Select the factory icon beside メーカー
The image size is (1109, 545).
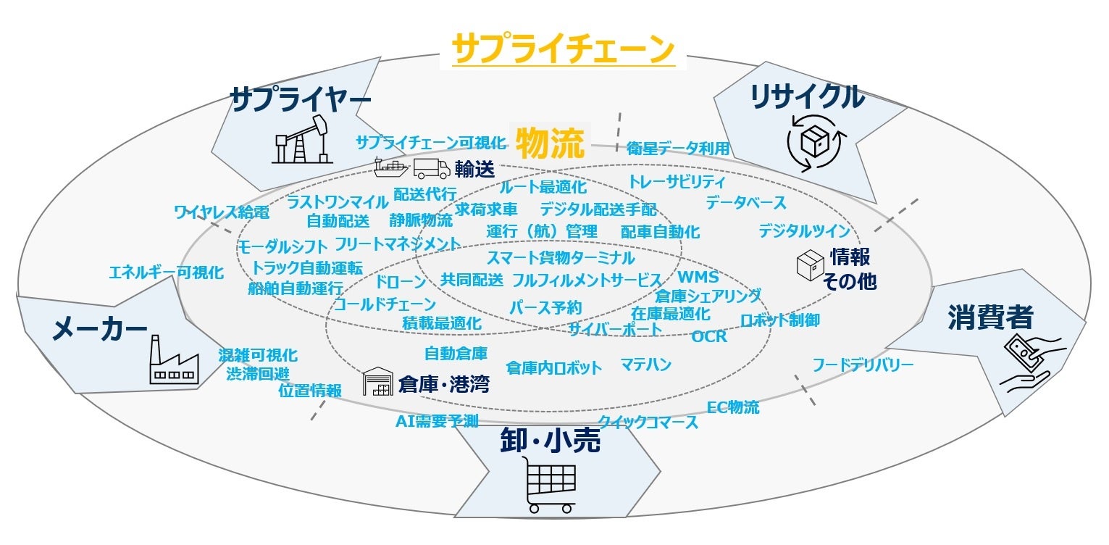pyautogui.click(x=172, y=360)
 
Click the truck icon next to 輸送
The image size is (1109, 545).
pyautogui.click(x=432, y=169)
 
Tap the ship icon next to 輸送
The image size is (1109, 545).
pyautogui.click(x=392, y=168)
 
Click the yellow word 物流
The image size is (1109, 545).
pyautogui.click(x=549, y=143)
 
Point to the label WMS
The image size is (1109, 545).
pyautogui.click(x=698, y=277)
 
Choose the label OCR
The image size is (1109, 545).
pyautogui.click(x=709, y=336)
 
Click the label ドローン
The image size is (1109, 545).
pyautogui.click(x=401, y=280)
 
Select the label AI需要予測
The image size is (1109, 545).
pyautogui.click(x=437, y=421)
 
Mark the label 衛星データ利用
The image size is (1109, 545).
pyautogui.click(x=678, y=148)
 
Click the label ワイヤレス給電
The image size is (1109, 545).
pyautogui.click(x=222, y=212)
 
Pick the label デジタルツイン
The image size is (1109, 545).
pyautogui.click(x=804, y=231)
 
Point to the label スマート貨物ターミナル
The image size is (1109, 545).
pyautogui.click(x=560, y=257)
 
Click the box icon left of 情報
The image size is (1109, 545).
pyautogui.click(x=811, y=266)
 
